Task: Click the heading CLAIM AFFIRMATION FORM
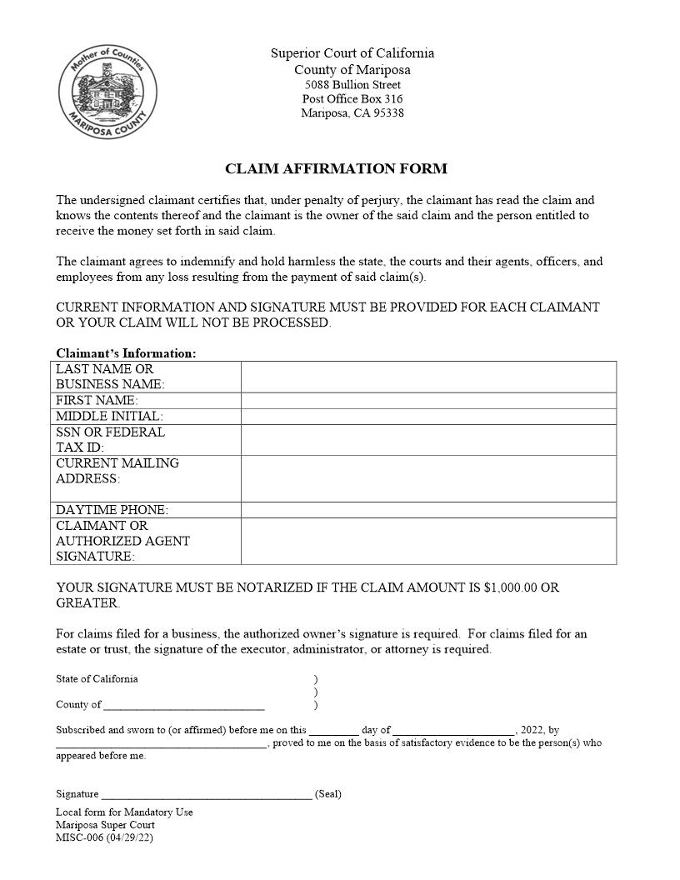(x=336, y=169)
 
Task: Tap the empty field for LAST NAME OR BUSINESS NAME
(x=428, y=377)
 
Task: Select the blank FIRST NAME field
(x=428, y=401)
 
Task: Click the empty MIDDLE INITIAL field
(x=428, y=417)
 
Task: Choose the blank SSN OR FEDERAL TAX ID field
(x=428, y=440)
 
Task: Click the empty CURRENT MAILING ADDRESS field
(x=428, y=478)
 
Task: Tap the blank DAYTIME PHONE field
(x=428, y=510)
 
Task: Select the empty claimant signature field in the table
(x=428, y=541)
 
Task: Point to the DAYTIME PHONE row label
(x=112, y=510)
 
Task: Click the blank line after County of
(x=183, y=705)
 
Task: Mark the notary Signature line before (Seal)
(x=206, y=794)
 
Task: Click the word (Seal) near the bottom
(x=327, y=794)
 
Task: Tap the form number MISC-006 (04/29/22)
(x=104, y=837)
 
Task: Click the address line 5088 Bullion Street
(x=352, y=85)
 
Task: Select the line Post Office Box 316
(x=352, y=99)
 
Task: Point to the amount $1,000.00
(x=510, y=587)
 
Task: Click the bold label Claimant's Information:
(x=126, y=353)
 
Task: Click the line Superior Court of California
(x=352, y=53)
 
